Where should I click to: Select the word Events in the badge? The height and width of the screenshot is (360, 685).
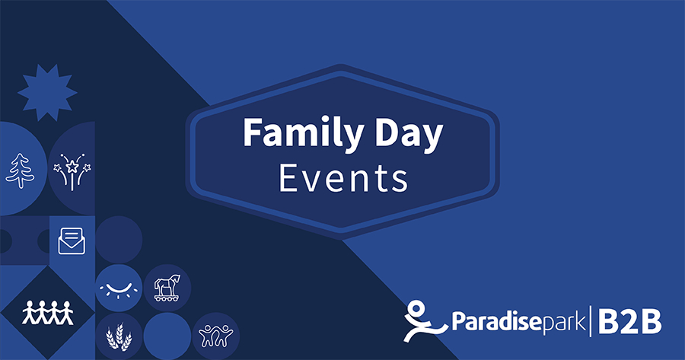[x=343, y=178]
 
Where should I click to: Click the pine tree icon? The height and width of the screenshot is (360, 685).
[x=20, y=170]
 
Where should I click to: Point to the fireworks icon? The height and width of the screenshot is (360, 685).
[x=72, y=172]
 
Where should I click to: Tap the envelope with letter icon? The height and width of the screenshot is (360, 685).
[x=72, y=241]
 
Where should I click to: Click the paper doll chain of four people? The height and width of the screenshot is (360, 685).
[x=48, y=312]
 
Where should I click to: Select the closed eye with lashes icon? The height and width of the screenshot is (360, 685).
[x=119, y=288]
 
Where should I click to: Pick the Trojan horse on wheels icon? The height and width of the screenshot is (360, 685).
[x=167, y=288]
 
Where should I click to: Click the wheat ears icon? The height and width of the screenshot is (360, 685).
[x=119, y=336]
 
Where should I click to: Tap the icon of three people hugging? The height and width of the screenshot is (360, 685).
[x=216, y=336]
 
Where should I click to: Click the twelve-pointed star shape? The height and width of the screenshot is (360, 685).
[x=47, y=93]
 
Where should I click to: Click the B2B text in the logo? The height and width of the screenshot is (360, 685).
[x=629, y=321]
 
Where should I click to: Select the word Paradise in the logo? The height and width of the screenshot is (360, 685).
[x=496, y=321]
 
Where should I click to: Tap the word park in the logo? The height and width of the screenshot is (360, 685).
[x=563, y=323]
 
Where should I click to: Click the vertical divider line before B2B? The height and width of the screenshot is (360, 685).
[x=591, y=321]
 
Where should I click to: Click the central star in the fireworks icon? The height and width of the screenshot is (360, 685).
[x=72, y=167]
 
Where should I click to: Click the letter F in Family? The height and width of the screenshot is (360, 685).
[x=253, y=132]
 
